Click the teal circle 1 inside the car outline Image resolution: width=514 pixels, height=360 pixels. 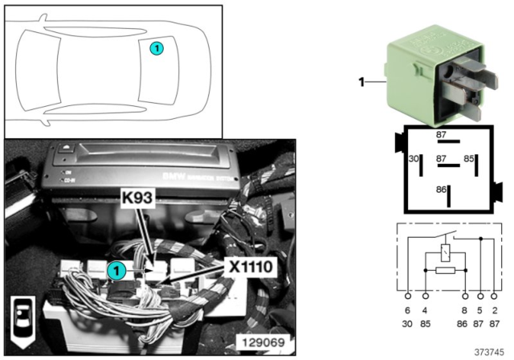[157, 48]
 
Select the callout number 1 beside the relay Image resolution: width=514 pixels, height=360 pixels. [361, 81]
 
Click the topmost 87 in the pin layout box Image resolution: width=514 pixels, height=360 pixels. [440, 135]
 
